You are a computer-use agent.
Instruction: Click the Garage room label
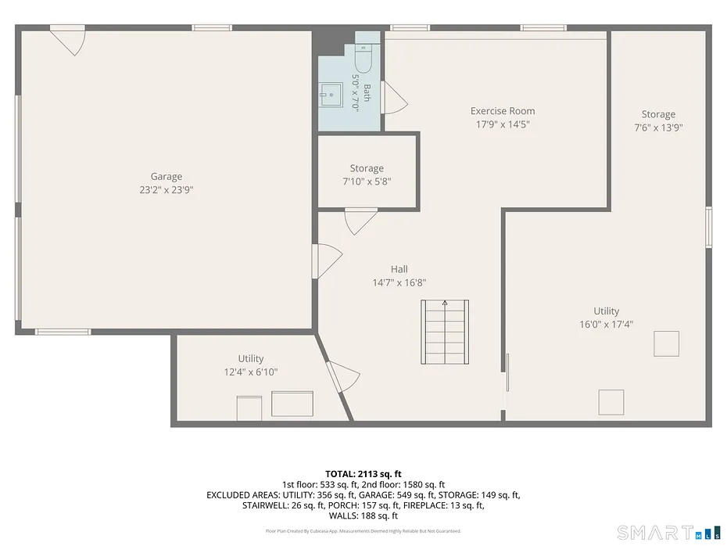click(x=166, y=176)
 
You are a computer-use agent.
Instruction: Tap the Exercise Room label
click(x=503, y=111)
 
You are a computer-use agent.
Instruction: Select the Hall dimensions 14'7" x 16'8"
click(x=399, y=282)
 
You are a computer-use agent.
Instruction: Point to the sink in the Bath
click(x=331, y=95)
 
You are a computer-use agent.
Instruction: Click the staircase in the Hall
click(x=445, y=332)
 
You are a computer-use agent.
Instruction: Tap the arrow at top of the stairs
click(x=445, y=303)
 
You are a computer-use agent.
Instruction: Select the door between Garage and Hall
click(x=327, y=261)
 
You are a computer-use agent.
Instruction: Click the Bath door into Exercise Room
click(x=394, y=98)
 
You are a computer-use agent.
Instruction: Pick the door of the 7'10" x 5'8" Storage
click(x=360, y=221)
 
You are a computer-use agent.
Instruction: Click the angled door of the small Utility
click(x=343, y=376)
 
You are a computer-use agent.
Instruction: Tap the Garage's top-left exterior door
click(x=68, y=41)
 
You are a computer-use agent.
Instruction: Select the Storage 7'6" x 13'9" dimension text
click(x=658, y=128)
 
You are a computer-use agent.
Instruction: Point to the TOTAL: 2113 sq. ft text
click(x=363, y=474)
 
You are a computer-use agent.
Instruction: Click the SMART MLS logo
click(x=668, y=533)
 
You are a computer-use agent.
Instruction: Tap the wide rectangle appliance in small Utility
click(x=292, y=404)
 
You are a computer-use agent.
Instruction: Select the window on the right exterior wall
click(x=708, y=228)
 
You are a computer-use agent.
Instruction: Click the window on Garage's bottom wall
click(x=63, y=332)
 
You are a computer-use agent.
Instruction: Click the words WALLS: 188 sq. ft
click(x=363, y=515)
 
